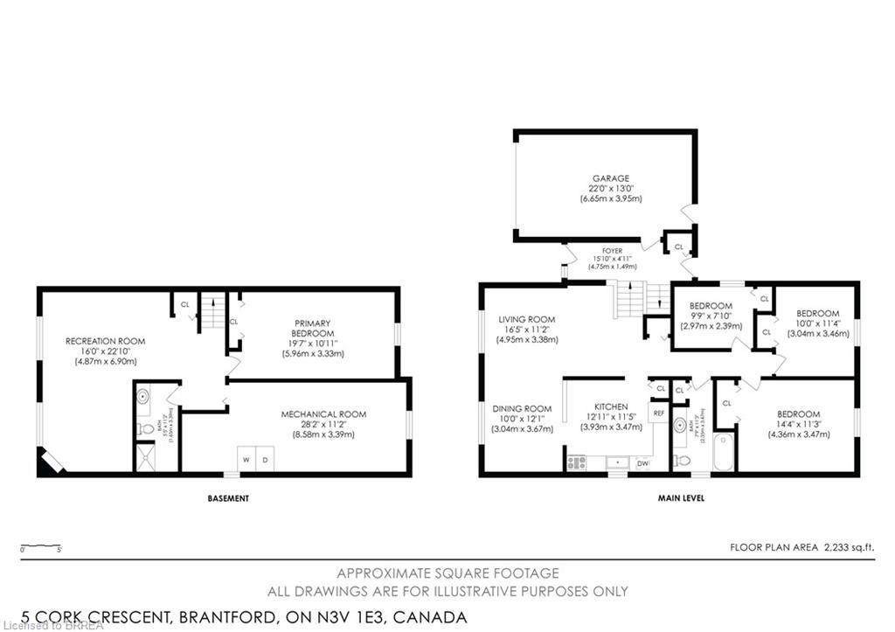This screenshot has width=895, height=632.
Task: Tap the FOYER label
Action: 612,251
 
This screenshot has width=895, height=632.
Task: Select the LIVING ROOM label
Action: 527,319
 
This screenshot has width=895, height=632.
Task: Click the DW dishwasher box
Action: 642,462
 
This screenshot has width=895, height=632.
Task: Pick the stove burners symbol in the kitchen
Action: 576,462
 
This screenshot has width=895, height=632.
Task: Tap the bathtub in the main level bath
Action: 723,450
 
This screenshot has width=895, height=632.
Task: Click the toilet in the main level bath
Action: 683,459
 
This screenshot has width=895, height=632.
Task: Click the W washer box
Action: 246,460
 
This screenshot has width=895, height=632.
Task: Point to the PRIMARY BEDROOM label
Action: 312,328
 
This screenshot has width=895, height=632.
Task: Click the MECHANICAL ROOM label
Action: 323,413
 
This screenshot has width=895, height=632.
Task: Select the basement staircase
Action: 213,309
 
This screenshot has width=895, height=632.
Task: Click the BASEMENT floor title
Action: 228,498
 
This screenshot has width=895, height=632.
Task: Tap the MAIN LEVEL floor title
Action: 683,498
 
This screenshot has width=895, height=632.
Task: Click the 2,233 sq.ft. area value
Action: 849,548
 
